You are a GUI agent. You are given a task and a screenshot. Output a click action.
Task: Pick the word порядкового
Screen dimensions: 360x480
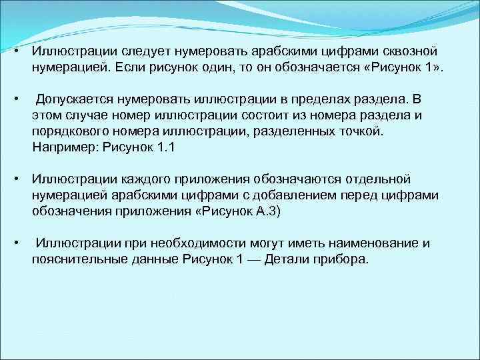(67, 131)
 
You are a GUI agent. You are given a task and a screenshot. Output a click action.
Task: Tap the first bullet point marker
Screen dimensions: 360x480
(15, 51)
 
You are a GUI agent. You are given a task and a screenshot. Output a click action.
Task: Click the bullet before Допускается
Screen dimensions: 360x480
(15, 99)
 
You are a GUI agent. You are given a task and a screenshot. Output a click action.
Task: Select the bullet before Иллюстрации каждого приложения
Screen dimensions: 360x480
(15, 179)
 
